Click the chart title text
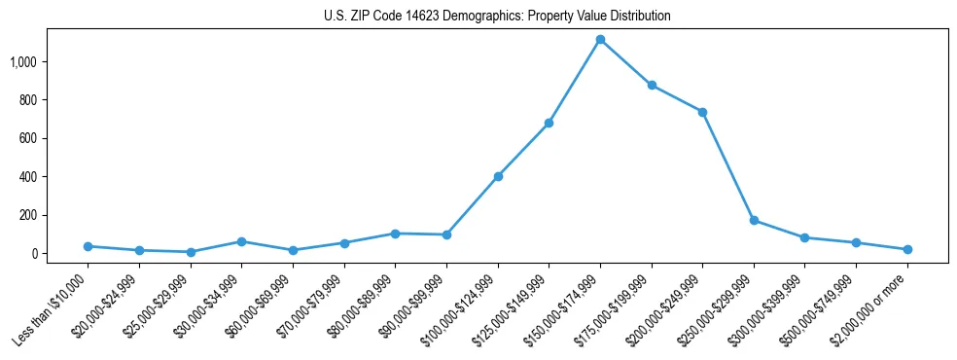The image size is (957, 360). coord(497,17)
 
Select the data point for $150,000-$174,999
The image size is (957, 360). coord(600,40)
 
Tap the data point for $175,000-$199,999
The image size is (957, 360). coord(652,86)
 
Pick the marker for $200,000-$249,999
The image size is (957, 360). coord(702,112)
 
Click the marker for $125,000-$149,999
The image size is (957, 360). coord(549,124)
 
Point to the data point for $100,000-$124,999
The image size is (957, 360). coord(498,176)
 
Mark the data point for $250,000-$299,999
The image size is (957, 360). coord(754,221)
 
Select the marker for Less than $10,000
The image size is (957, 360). coord(88,246)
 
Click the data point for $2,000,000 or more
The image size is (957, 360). coord(907,250)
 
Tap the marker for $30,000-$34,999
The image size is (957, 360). coord(241,241)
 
